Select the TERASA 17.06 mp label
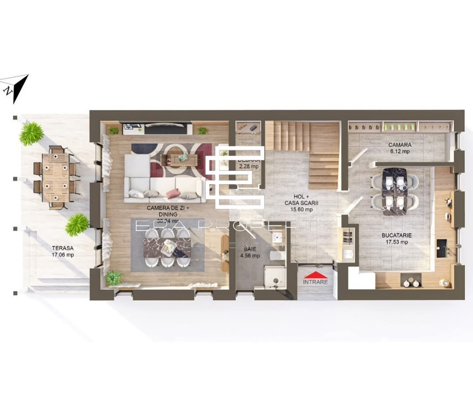tap(63, 251)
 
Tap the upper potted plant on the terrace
tap(32, 133)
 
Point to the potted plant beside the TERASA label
tap(77, 224)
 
